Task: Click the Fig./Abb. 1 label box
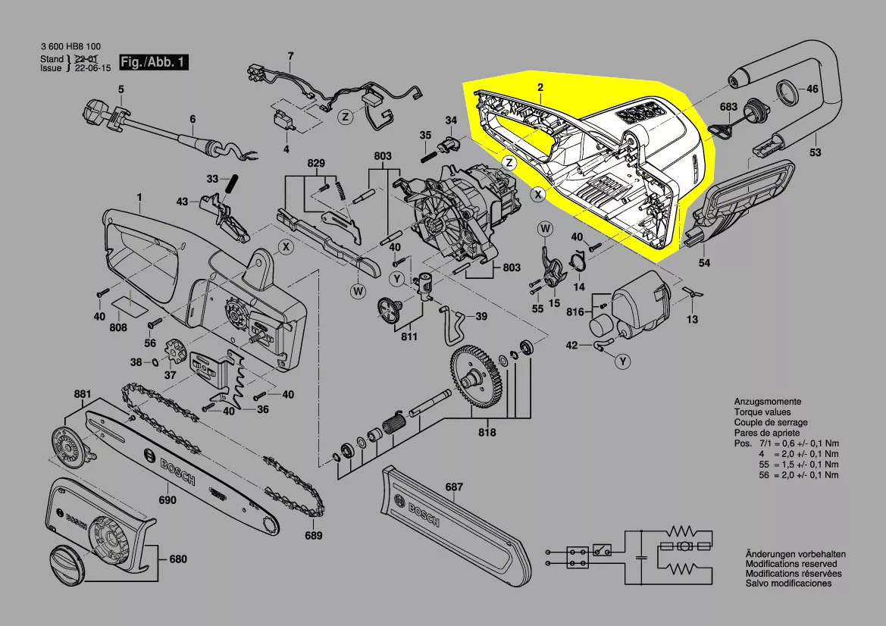point(153,62)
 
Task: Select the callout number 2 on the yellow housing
point(540,88)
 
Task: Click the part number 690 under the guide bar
point(167,500)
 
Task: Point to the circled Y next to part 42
point(623,362)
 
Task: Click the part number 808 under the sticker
point(118,328)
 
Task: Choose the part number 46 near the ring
point(812,89)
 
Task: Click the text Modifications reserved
point(791,564)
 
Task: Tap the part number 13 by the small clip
point(692,320)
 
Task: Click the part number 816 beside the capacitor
point(574,312)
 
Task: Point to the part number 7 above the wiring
point(290,55)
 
